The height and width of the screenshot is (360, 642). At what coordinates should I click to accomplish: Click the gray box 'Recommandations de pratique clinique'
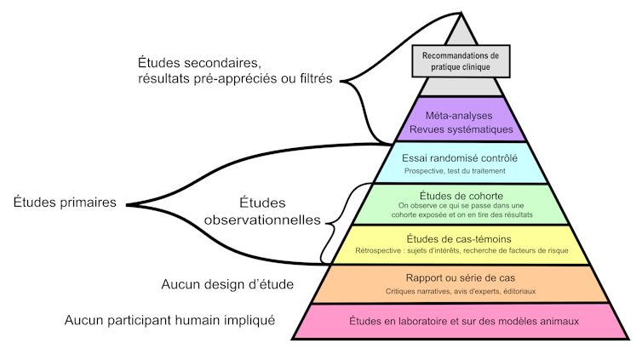pyautogui.click(x=460, y=60)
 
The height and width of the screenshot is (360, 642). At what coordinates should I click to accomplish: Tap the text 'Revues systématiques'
pyautogui.click(x=460, y=130)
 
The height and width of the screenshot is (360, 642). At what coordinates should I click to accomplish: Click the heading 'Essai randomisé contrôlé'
pyautogui.click(x=460, y=157)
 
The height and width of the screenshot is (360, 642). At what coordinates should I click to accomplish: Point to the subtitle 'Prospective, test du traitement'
pyautogui.click(x=460, y=171)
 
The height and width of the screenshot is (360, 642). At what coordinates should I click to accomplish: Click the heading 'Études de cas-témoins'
pyautogui.click(x=460, y=237)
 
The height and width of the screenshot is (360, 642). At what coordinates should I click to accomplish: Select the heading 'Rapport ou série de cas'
pyautogui.click(x=460, y=277)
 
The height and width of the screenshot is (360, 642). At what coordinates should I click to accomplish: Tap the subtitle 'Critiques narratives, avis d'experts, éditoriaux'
pyautogui.click(x=460, y=292)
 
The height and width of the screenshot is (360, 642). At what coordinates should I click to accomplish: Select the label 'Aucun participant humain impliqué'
pyautogui.click(x=169, y=321)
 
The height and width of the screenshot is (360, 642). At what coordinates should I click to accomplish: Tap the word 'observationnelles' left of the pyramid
pyautogui.click(x=262, y=220)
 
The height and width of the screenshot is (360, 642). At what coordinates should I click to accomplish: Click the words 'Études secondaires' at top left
pyautogui.click(x=198, y=64)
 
